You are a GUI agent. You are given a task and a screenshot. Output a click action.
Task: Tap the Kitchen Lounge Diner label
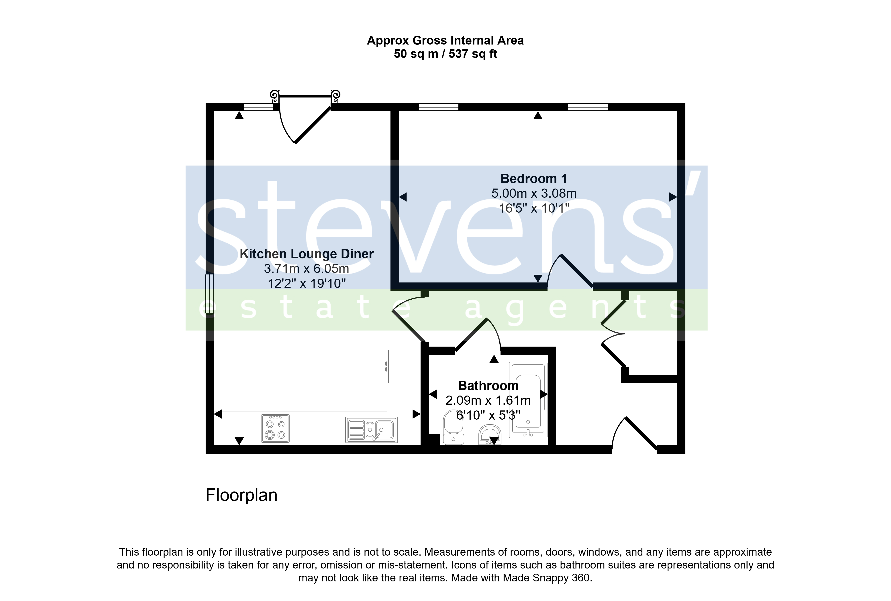point(306,254)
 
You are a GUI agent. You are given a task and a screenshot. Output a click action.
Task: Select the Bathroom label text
point(488,385)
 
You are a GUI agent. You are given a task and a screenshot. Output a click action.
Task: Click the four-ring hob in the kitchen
point(275,428)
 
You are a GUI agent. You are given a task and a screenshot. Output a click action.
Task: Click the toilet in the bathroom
point(454,427)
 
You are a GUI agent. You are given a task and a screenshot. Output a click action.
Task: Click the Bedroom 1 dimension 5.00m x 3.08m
point(534,193)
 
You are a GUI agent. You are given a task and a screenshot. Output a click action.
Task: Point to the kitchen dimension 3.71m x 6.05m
point(306,269)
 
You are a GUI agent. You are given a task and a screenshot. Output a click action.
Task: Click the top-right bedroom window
point(587,107)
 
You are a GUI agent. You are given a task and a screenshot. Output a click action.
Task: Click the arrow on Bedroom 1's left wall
point(403,197)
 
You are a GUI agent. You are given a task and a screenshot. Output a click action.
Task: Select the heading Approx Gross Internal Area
point(445,41)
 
